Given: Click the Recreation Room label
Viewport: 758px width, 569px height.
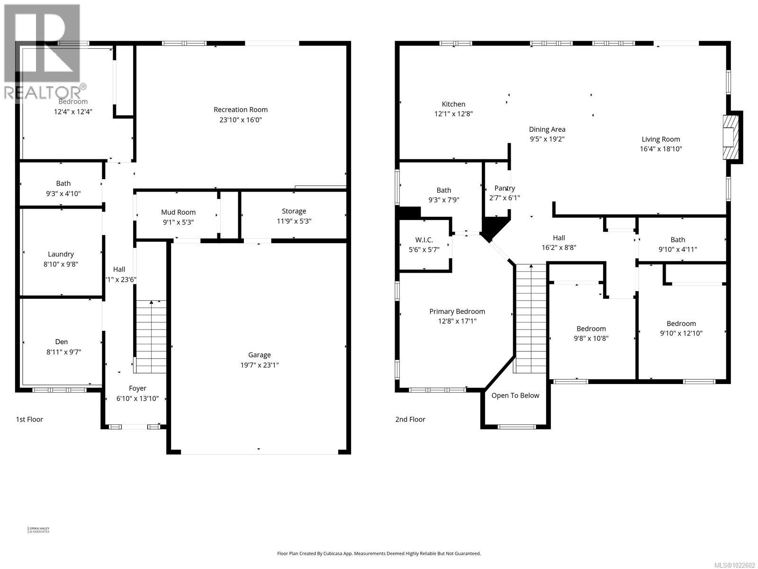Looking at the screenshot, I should click(241, 110).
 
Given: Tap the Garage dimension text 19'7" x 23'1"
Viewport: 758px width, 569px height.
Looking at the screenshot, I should click(259, 365).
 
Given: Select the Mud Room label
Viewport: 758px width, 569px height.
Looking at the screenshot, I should click(178, 212).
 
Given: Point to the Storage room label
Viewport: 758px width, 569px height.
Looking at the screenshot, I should click(294, 211).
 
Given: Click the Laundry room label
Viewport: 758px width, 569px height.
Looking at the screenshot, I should click(61, 254).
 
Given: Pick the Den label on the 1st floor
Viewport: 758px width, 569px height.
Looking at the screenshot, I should click(61, 341).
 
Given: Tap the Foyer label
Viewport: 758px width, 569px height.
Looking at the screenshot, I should click(137, 388).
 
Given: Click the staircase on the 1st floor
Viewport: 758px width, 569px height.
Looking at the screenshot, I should click(151, 337).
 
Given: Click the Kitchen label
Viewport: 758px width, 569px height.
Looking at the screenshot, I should click(453, 104).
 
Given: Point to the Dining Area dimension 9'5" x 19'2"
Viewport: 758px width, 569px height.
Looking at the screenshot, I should click(547, 139).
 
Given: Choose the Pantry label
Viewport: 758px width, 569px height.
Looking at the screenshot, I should click(504, 188).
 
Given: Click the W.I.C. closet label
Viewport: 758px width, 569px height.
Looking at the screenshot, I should click(424, 240).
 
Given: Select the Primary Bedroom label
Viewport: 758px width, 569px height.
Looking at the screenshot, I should click(457, 312).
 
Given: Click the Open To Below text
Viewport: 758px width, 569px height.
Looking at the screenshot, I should click(515, 395).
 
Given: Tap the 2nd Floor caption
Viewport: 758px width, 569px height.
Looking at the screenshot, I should click(410, 419).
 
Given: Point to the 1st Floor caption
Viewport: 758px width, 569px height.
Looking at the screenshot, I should click(29, 419).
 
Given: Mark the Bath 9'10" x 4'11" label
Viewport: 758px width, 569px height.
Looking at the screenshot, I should click(677, 239).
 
